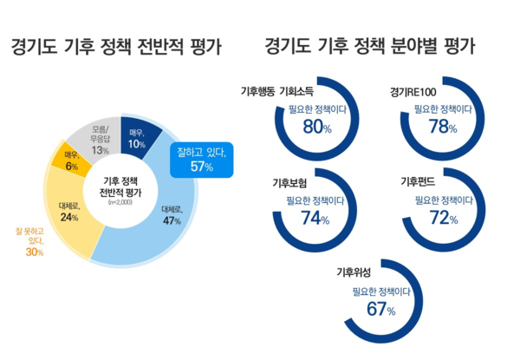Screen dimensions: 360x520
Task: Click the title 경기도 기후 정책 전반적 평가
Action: (x=116, y=46)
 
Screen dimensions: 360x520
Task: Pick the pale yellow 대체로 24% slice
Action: (x=69, y=212)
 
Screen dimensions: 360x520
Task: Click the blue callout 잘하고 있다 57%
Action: (x=201, y=159)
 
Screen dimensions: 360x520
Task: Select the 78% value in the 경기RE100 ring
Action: (x=443, y=128)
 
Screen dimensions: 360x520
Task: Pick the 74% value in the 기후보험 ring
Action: (x=311, y=218)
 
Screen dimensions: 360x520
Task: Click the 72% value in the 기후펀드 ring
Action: (x=443, y=218)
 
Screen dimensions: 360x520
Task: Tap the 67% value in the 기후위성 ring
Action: (x=380, y=309)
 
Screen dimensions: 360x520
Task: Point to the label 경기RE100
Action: (x=415, y=92)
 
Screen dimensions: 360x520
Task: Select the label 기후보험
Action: (x=290, y=182)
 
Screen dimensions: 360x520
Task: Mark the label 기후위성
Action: (x=354, y=272)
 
